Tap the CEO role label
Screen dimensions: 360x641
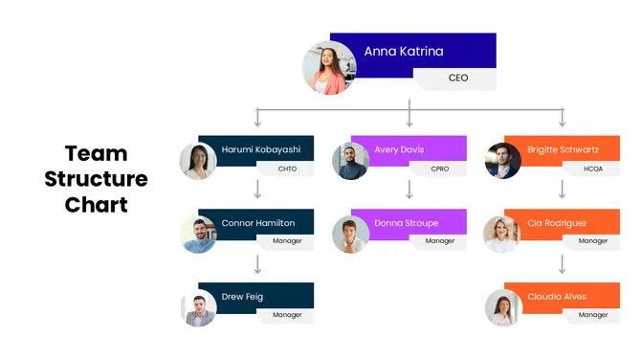point(458,78)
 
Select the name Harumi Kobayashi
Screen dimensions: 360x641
point(260,150)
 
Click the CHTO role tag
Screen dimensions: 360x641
point(287,169)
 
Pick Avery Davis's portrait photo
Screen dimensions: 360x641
point(350,161)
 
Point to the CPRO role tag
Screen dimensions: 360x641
point(440,169)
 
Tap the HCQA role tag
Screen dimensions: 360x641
point(593,169)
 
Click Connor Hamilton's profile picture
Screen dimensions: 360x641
point(198,235)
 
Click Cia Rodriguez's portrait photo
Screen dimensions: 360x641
point(502,235)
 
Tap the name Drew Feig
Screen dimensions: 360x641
point(242,297)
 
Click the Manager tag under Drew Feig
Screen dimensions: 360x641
point(287,315)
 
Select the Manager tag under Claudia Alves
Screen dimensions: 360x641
point(593,315)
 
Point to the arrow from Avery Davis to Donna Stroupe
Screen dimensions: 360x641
point(409,191)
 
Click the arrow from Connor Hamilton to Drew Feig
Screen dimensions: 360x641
point(257,264)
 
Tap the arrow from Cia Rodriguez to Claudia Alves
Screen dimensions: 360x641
point(563,264)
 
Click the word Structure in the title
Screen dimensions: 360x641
point(96,179)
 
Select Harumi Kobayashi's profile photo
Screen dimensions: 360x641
point(198,161)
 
